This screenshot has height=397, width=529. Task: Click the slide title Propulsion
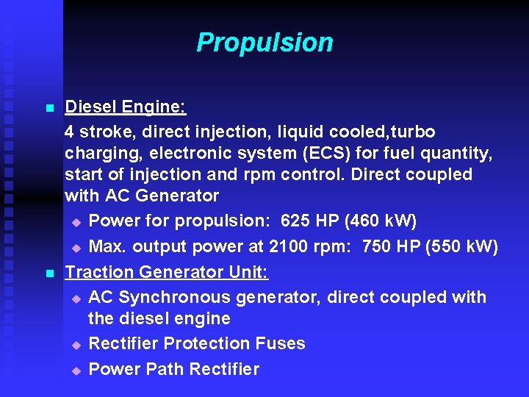tap(264, 43)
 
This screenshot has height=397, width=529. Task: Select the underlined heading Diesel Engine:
tap(126, 107)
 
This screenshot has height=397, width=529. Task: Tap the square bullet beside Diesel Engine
tap(49, 109)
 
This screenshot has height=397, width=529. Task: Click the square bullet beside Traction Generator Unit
tap(49, 273)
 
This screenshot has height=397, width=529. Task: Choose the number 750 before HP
tap(377, 246)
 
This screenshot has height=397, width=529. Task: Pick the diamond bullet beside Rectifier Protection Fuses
tap(76, 345)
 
